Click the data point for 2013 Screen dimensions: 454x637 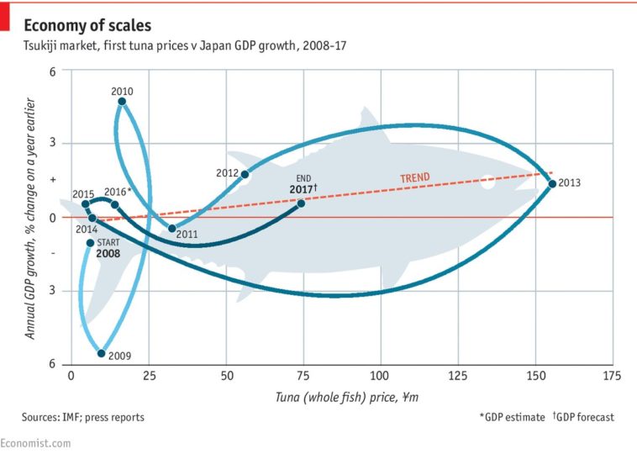[x=552, y=183]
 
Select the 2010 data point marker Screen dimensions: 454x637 [x=123, y=102]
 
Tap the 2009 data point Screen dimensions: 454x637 [x=101, y=353]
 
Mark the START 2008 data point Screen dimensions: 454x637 [x=90, y=243]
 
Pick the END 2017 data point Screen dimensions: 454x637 [x=301, y=203]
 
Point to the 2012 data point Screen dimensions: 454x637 [x=245, y=174]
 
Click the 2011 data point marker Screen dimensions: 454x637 [x=172, y=228]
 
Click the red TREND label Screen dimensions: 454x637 [x=414, y=177]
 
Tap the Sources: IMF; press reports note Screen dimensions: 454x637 [x=83, y=417]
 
